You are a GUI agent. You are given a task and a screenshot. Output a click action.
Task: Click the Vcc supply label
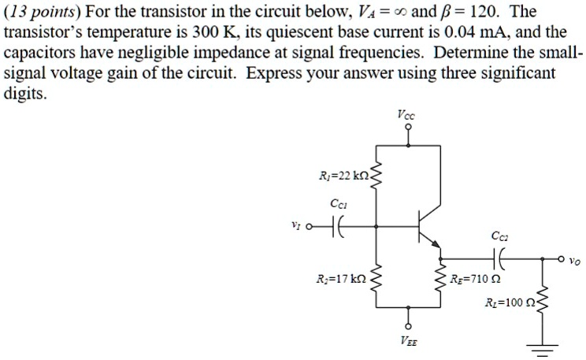coord(406,116)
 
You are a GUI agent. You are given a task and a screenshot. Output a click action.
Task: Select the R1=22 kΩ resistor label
coord(343,175)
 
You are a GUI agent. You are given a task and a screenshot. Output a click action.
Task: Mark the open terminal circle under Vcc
coord(407,133)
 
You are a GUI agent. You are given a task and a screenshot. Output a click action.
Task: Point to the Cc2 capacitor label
coord(499,235)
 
